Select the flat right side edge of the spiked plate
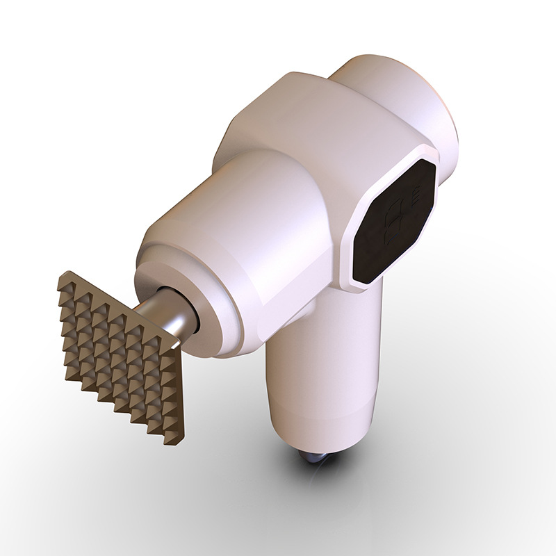pyautogui.click(x=179, y=389)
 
